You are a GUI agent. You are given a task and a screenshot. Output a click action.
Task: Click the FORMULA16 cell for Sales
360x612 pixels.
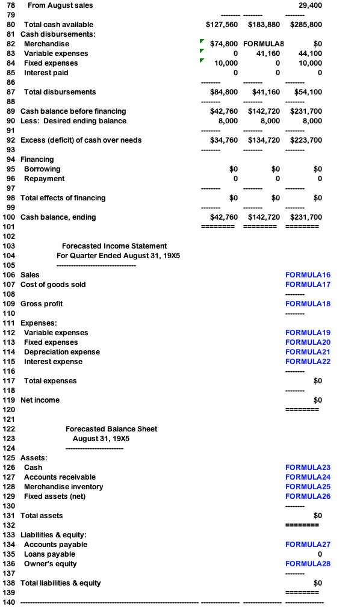coord(308,275)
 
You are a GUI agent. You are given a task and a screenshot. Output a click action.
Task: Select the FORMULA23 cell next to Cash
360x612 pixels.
coord(308,468)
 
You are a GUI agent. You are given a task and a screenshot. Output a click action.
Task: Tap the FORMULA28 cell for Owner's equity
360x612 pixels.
coord(308,564)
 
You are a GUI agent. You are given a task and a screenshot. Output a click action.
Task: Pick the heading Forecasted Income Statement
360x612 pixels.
coord(114,246)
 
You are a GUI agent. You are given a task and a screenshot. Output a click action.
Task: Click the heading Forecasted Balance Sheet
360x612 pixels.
coord(111,429)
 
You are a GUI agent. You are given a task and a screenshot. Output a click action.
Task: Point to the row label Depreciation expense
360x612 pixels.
coord(62,352)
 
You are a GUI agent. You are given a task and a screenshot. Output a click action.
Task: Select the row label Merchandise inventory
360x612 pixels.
coord(63,487)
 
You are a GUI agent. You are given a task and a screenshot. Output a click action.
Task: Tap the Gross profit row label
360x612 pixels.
coord(42,304)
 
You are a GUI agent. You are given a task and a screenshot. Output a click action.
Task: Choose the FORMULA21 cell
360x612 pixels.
coord(308,352)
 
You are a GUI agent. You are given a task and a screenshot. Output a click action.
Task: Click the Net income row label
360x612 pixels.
coord(40,400)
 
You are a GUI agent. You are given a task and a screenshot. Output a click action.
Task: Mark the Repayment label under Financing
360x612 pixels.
coord(44,179)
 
